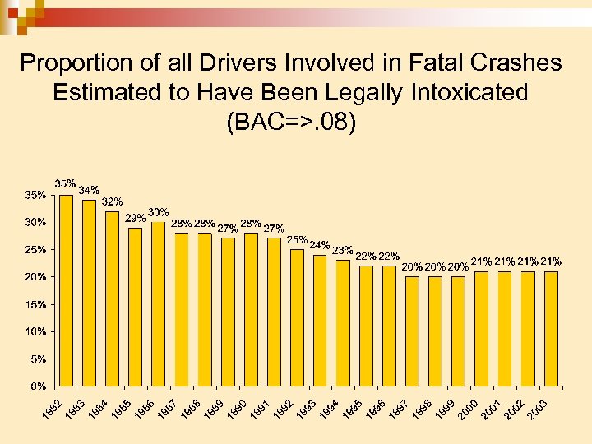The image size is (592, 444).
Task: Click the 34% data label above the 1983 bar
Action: coord(89,191)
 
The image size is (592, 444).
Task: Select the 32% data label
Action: coord(112,201)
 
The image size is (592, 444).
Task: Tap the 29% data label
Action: coord(135,219)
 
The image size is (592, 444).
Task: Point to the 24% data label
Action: coord(319,245)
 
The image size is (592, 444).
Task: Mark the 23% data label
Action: coord(342,251)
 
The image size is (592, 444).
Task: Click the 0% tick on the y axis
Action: coord(38,386)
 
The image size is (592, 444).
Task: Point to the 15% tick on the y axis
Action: coord(35,304)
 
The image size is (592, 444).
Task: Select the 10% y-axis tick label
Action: coord(35,331)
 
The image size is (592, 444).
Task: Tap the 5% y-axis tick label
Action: coord(38,358)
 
